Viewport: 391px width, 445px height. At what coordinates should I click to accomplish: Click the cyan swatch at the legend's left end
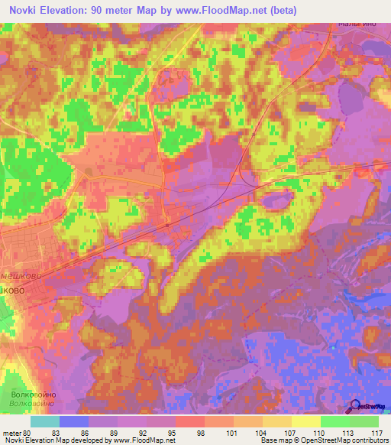pyautogui.click(x=45, y=421)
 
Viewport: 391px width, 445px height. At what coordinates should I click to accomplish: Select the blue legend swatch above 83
pyautogui.click(x=74, y=421)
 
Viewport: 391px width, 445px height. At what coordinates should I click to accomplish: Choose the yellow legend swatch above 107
pyautogui.click(x=276, y=421)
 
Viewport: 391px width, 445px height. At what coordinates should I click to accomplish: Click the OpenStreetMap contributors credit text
pyautogui.click(x=343, y=440)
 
